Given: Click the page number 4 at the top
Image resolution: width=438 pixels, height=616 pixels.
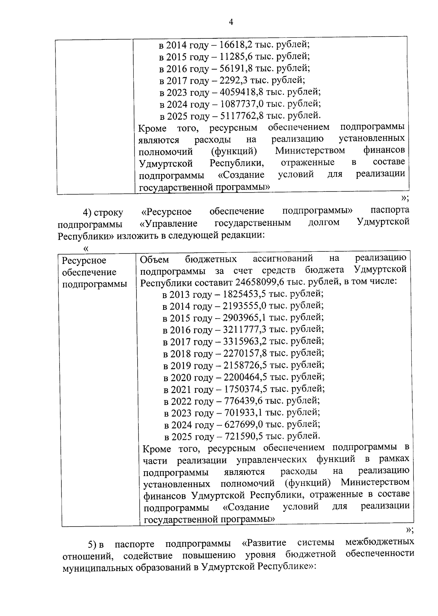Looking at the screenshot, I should click(230, 23).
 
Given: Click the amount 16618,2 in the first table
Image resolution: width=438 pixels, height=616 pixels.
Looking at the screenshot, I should click(237, 45).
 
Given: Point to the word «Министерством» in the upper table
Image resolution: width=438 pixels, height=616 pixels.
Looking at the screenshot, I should click(310, 151).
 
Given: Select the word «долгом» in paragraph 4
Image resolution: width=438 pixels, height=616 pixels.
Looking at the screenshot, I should click(324, 222).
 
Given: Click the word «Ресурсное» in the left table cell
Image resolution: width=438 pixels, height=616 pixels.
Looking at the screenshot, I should click(84, 261).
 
